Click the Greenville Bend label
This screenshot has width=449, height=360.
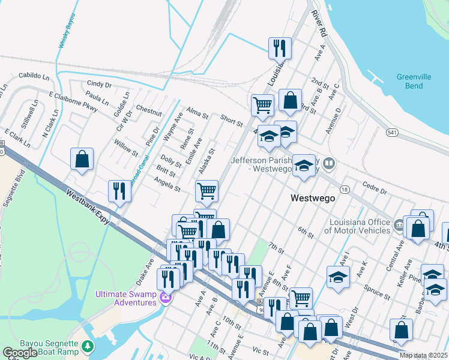(418, 81)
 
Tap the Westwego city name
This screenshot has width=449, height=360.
(312, 198)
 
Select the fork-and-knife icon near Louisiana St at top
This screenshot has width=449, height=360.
(280, 48)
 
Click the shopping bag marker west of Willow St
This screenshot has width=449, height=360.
(82, 160)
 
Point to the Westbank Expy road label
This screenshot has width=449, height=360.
(87, 205)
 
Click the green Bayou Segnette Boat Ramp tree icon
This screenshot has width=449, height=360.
(88, 347)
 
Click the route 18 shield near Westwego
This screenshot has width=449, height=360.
(345, 190)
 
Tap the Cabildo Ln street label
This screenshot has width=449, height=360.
(34, 76)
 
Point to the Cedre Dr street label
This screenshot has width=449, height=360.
(375, 189)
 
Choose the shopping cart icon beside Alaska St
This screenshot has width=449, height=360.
(206, 191)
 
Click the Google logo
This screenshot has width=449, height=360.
(20, 353)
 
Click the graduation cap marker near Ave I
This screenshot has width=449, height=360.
(339, 277)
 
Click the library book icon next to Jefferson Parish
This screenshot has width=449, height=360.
(328, 163)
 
